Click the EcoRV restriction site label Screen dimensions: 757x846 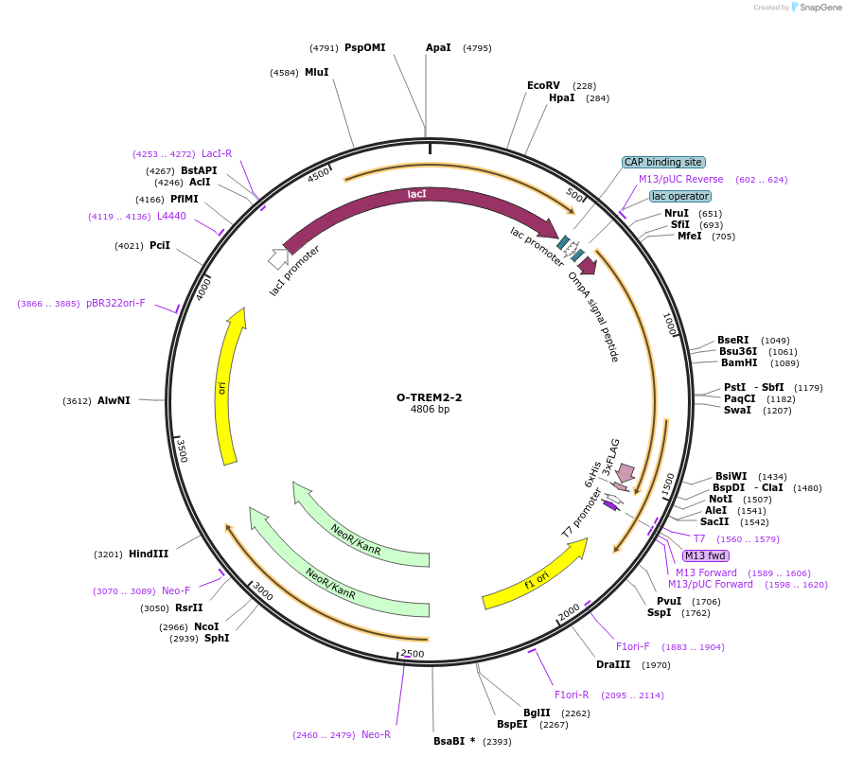pos(543,85)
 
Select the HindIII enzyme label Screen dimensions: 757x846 pos(149,554)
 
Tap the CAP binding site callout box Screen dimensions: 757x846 pos(663,162)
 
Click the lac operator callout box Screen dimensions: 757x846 pos(679,196)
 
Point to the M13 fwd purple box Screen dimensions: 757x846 pos(706,555)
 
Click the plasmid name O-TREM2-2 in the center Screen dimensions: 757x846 pos(429,397)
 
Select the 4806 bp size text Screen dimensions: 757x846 pos(430,410)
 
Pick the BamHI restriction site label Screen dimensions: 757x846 pos(738,362)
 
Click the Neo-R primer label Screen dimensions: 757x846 pos(376,734)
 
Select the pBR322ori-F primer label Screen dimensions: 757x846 pos(115,303)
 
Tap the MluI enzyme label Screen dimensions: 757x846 pos(316,72)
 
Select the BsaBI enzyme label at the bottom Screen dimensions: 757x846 pos(454,741)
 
